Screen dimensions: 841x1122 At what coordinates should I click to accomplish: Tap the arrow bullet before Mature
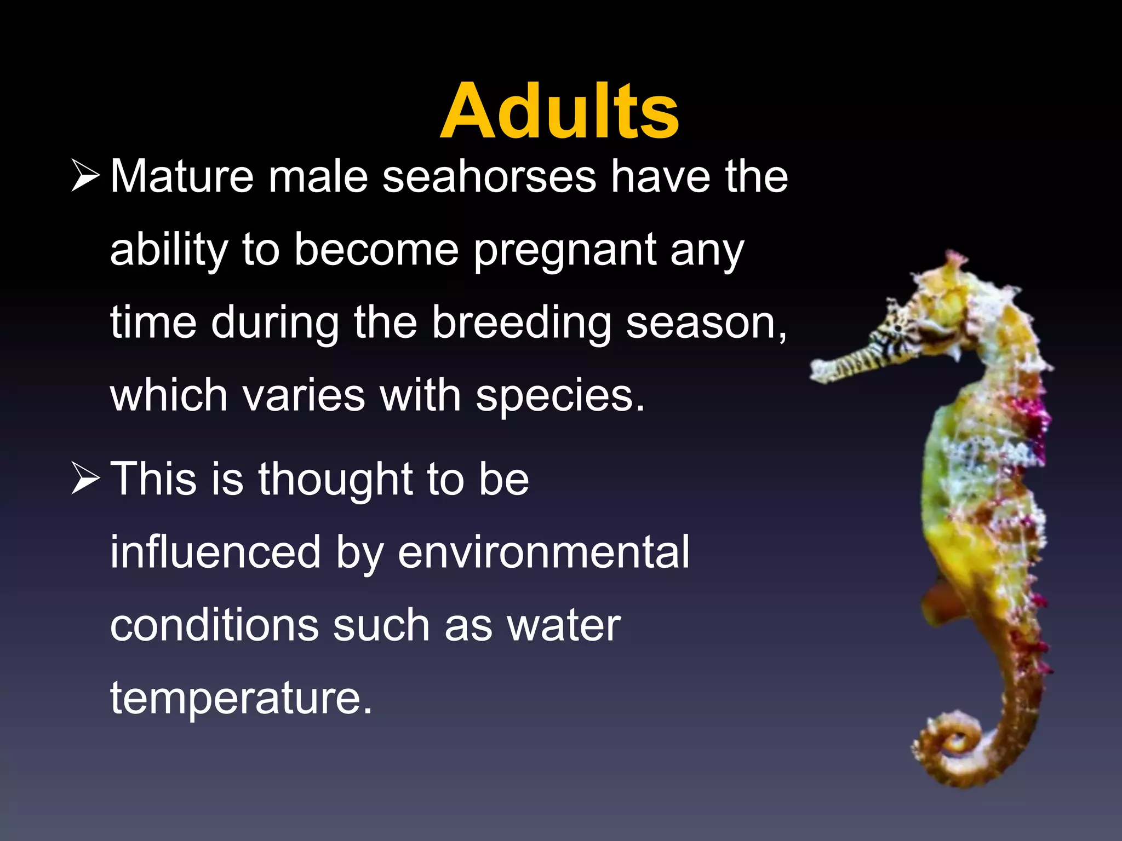click(85, 177)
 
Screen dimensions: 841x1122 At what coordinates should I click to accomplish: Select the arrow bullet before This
click(85, 479)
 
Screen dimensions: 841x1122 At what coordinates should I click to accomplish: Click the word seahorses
click(489, 177)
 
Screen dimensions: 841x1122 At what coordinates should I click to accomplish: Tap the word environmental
click(543, 552)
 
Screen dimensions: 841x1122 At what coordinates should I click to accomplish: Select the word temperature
click(241, 699)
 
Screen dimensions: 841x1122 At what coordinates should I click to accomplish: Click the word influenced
click(215, 552)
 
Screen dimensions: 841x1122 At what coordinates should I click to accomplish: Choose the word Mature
click(182, 177)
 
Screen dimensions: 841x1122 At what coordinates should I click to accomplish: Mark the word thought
click(335, 479)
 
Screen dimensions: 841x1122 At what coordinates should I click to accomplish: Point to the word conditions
click(214, 626)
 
